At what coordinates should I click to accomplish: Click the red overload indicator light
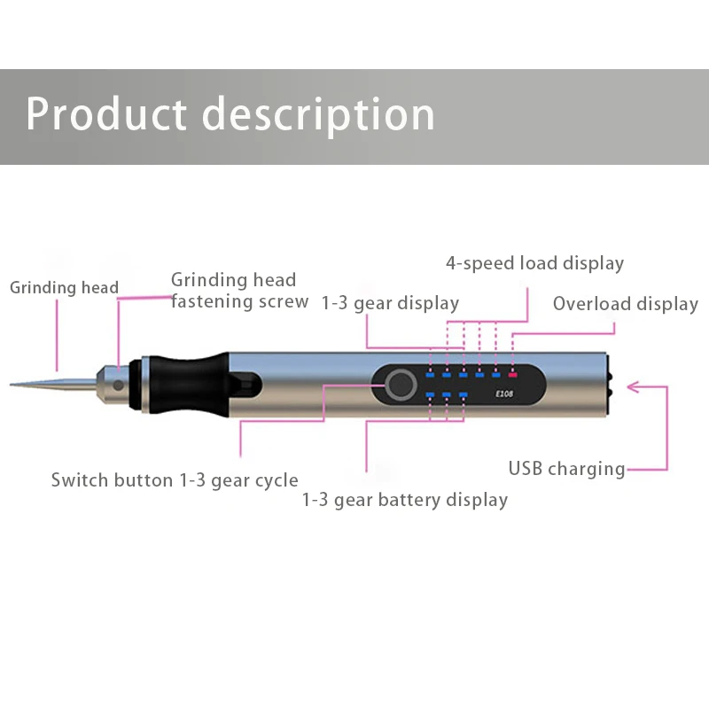(x=512, y=376)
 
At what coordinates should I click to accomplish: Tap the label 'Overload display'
(x=625, y=304)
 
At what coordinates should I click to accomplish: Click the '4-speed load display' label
(x=534, y=263)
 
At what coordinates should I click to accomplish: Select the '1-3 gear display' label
(x=390, y=303)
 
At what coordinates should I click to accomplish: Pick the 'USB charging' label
(x=566, y=469)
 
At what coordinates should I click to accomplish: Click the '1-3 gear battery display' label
(x=405, y=500)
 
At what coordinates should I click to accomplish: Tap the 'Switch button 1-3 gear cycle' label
(x=175, y=480)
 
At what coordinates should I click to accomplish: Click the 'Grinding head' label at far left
(x=64, y=287)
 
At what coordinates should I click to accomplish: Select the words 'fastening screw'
(x=239, y=301)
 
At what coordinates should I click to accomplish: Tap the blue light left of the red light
(x=495, y=376)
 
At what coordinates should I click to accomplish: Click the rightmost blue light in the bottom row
(x=463, y=394)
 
